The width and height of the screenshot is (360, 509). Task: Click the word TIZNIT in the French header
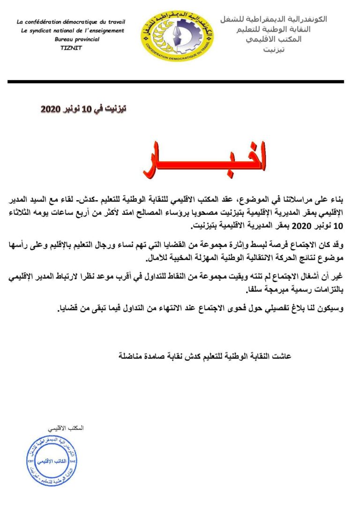[70, 48]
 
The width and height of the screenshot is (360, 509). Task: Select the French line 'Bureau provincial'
[77, 39]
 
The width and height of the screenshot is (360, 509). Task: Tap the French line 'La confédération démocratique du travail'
[71, 22]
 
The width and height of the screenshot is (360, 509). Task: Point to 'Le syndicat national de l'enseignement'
[73, 31]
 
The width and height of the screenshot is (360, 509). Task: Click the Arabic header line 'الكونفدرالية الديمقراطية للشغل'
[273, 19]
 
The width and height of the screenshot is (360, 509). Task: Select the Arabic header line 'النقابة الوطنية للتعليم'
[274, 29]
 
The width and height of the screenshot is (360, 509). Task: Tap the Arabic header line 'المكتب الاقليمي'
[274, 39]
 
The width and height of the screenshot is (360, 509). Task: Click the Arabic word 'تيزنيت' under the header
[274, 49]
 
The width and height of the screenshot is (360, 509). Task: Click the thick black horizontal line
[175, 82]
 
